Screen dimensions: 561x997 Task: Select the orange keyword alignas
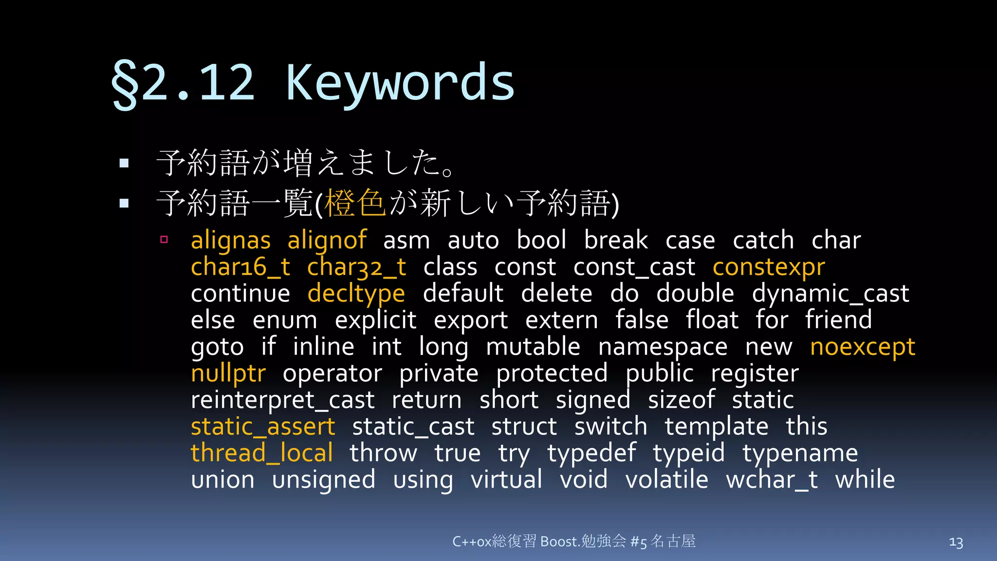click(x=230, y=241)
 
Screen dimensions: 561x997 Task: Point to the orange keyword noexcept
click(x=863, y=347)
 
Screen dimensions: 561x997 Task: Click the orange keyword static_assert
click(x=263, y=427)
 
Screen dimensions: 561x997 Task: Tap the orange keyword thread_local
click(x=262, y=453)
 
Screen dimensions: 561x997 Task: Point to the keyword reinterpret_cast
click(x=282, y=400)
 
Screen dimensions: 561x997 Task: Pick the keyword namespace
click(x=663, y=347)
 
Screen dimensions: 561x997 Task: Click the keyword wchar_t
click(x=772, y=480)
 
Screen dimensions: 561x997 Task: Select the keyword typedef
click(x=591, y=453)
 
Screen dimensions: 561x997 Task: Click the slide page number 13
click(x=956, y=542)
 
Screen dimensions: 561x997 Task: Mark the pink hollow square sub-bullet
click(x=164, y=240)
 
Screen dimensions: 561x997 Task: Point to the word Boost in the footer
click(x=559, y=542)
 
